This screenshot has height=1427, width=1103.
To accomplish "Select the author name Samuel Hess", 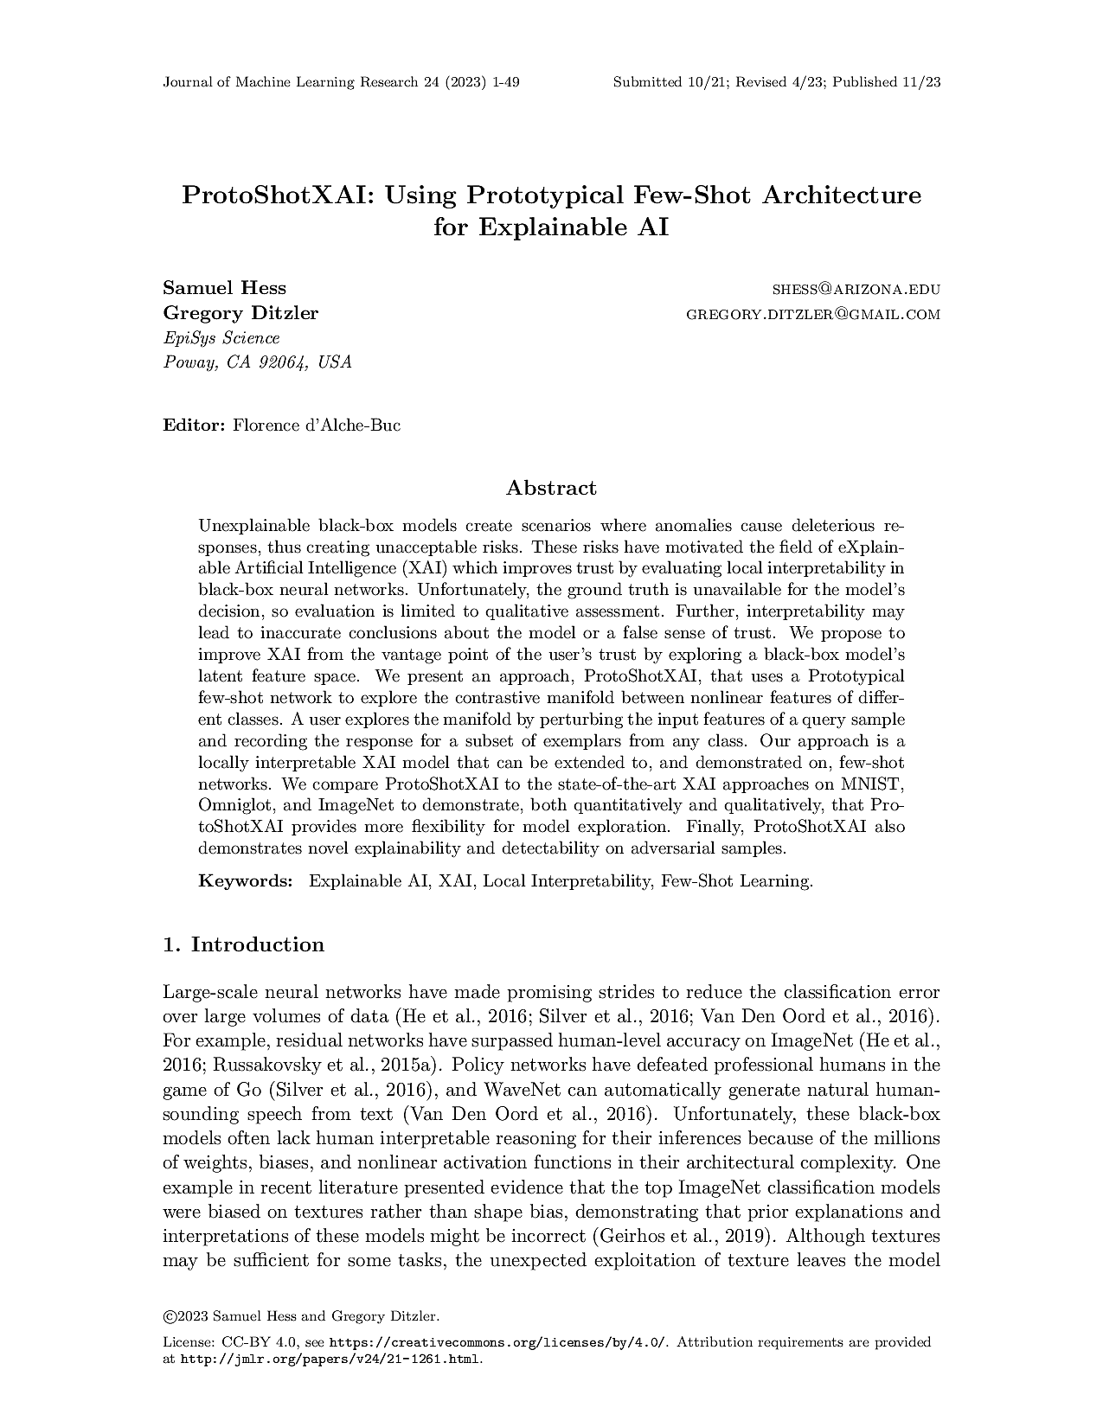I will pos(224,288).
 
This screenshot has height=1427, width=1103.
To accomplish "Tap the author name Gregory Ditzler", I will pos(240,312).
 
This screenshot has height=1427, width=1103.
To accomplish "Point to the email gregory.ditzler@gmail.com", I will pos(812,314).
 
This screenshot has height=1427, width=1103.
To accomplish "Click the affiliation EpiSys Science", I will pos(221,338).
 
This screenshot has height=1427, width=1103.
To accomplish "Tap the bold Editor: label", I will pos(195,426).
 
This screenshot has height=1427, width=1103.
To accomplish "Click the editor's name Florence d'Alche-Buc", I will pos(317,426).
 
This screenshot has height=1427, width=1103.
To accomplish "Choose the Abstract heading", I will pos(551,488).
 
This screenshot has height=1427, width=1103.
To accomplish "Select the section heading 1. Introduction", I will pos(243,944).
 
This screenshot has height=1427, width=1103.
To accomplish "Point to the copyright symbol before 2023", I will pos(169,1316).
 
